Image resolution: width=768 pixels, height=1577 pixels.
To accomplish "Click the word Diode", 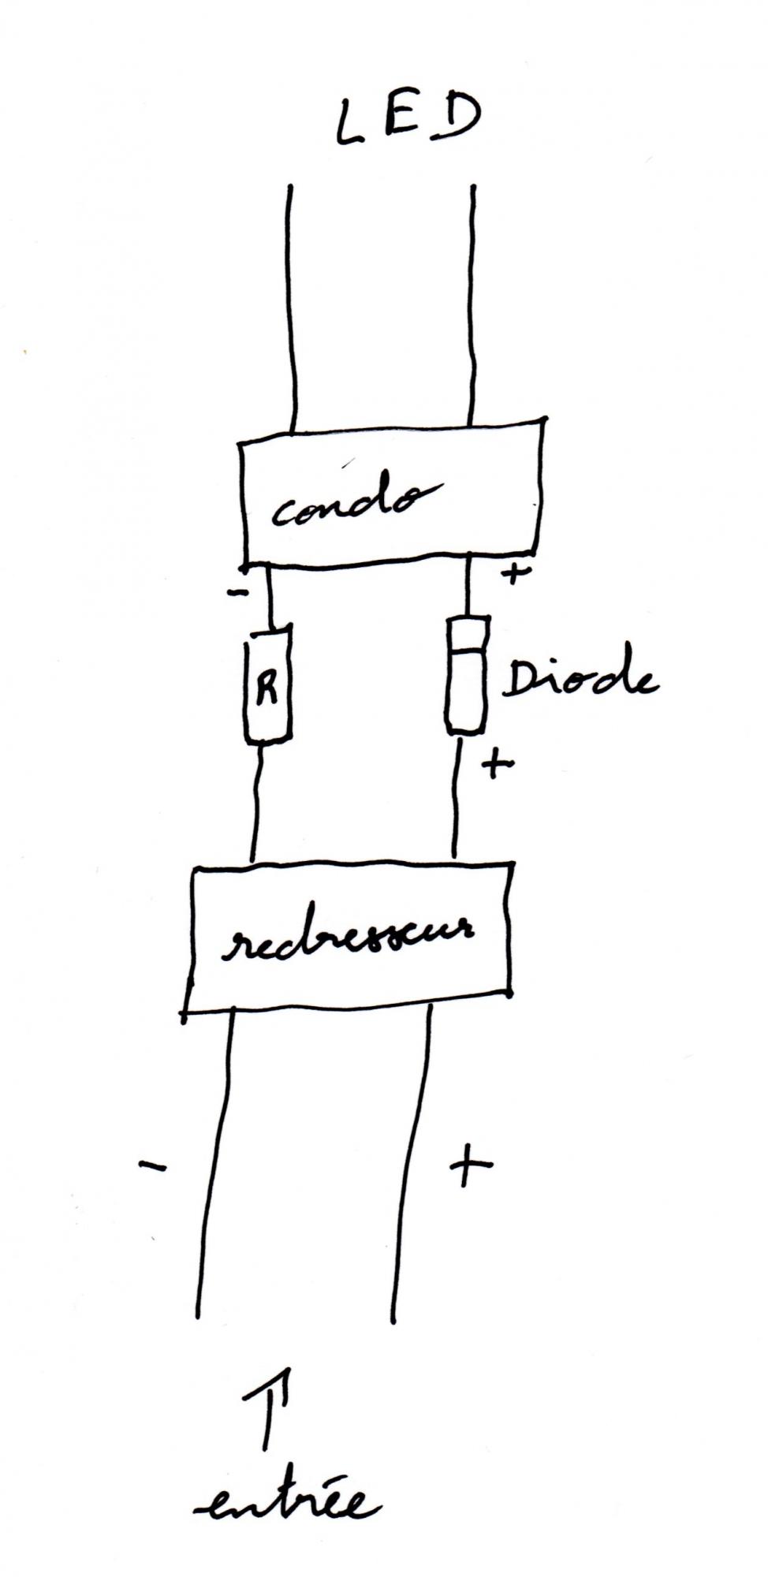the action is click(580, 680).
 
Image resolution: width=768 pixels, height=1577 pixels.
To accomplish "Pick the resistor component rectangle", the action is click(267, 684).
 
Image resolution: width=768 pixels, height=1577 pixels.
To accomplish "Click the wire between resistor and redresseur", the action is click(257, 804).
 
